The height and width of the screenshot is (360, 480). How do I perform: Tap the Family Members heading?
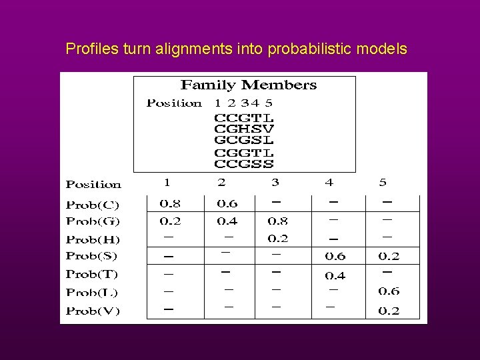pyautogui.click(x=249, y=85)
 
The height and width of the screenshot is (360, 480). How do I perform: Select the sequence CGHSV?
pyautogui.click(x=243, y=129)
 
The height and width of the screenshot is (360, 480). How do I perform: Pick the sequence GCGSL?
pyautogui.click(x=243, y=140)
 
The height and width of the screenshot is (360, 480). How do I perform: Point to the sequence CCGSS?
pyautogui.click(x=243, y=163)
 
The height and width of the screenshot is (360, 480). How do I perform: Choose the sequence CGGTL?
pyautogui.click(x=243, y=152)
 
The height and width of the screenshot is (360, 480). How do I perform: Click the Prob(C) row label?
pyautogui.click(x=93, y=204)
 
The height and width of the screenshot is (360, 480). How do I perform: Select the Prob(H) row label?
pyautogui.click(x=93, y=239)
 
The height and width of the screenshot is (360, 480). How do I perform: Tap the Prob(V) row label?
pyautogui.click(x=93, y=311)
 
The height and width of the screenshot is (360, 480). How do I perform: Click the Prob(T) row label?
pyautogui.click(x=93, y=274)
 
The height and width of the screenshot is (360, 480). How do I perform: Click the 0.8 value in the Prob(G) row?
pyautogui.click(x=278, y=221)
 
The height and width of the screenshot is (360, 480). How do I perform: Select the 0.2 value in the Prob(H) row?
pyautogui.click(x=278, y=239)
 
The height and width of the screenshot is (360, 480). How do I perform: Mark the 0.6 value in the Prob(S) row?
pyautogui.click(x=335, y=257)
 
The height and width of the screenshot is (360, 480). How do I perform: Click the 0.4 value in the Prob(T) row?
pyautogui.click(x=335, y=275)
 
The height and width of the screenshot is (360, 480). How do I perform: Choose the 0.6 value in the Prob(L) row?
pyautogui.click(x=389, y=291)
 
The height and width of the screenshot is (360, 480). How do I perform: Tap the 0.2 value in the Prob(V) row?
pyautogui.click(x=389, y=311)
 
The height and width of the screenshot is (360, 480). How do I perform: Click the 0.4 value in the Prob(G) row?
pyautogui.click(x=227, y=221)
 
